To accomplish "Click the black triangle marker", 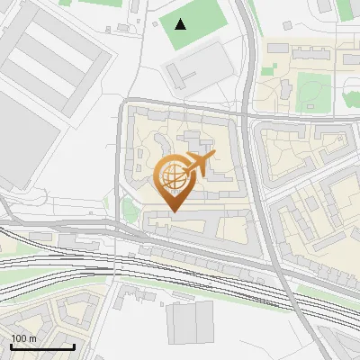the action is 181,23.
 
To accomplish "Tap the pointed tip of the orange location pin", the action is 174,212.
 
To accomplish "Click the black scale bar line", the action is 41,346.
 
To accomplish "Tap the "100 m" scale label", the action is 22,338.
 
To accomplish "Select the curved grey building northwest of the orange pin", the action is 162,144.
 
